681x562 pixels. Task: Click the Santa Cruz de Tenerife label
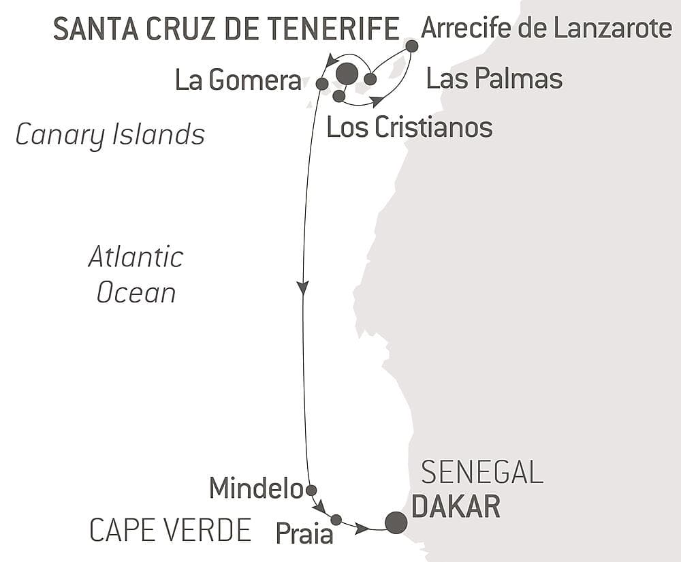[226, 29]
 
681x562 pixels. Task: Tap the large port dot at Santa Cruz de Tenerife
[347, 74]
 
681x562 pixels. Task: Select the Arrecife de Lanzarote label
[546, 29]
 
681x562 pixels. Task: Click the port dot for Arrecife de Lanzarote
[411, 46]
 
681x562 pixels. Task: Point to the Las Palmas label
[494, 79]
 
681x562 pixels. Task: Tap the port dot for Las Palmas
[370, 79]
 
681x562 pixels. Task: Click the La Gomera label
[238, 80]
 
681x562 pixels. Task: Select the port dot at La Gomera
[322, 84]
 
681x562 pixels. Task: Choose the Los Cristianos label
[409, 127]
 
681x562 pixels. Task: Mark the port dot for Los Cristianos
[338, 96]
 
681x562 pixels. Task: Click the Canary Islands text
[110, 134]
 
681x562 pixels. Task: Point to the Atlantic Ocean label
[136, 275]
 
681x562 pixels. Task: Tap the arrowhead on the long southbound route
[303, 287]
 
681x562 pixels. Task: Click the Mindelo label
[255, 488]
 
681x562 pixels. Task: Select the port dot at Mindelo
[311, 490]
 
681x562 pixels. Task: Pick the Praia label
[304, 533]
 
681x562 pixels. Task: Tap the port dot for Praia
[336, 520]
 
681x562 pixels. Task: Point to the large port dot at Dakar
[396, 522]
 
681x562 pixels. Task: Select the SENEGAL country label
[481, 472]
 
